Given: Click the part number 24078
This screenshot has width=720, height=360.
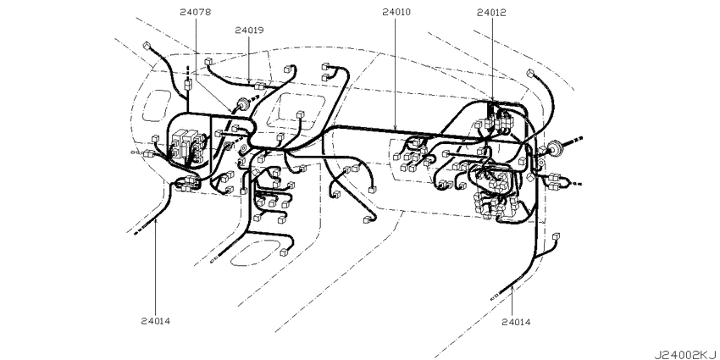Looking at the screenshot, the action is [x=196, y=13].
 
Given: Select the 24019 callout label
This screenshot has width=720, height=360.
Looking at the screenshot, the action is [x=249, y=30].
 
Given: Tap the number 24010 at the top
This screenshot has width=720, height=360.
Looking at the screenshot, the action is [x=396, y=13].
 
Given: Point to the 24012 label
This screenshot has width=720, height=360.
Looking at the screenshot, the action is [x=491, y=13].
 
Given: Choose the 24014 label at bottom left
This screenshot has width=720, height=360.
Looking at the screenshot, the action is [x=156, y=321].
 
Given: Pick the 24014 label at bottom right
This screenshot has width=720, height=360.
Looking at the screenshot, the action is [x=516, y=323].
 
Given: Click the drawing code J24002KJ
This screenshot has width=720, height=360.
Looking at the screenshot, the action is [x=686, y=354].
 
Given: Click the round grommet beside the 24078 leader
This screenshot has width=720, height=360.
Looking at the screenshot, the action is [x=242, y=105].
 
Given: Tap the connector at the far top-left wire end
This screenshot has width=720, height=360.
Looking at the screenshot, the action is [x=147, y=46].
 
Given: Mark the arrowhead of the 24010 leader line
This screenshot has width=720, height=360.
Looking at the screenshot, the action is [x=396, y=127].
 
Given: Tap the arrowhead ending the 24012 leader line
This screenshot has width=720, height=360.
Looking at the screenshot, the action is [x=492, y=99].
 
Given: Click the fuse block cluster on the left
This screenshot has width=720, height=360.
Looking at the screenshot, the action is [x=187, y=145].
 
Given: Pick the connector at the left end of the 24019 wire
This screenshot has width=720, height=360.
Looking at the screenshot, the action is [x=209, y=62].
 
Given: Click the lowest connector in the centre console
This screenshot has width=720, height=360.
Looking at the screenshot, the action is [x=285, y=252].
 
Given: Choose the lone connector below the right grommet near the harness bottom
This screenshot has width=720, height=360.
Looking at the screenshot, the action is [x=557, y=236].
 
